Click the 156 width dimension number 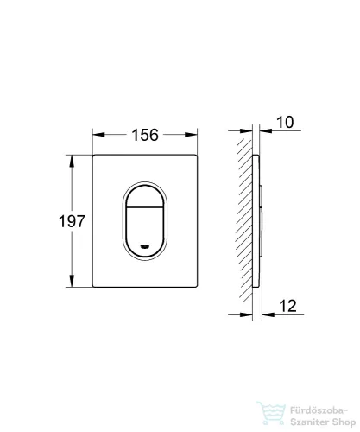click(145, 135)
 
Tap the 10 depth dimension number click(285, 122)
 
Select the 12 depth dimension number click(287, 306)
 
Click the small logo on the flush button click(144, 245)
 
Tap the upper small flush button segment click(144, 196)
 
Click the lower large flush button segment click(144, 232)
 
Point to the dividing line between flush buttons click(144, 207)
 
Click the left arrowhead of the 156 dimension click(98, 135)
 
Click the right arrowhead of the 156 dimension click(191, 135)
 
